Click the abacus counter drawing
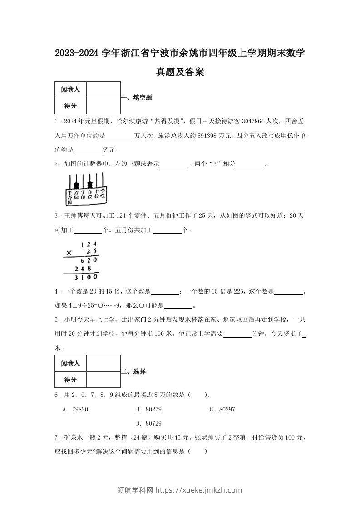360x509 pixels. (x=86, y=189)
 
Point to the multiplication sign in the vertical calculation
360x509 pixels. (x=69, y=253)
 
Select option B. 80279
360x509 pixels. (x=149, y=409)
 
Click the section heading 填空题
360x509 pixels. (x=140, y=98)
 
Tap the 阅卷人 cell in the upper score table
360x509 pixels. (x=70, y=89)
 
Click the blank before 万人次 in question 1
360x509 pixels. (x=119, y=135)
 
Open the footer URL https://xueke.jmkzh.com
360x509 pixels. (x=199, y=490)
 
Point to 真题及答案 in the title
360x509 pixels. (x=180, y=72)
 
